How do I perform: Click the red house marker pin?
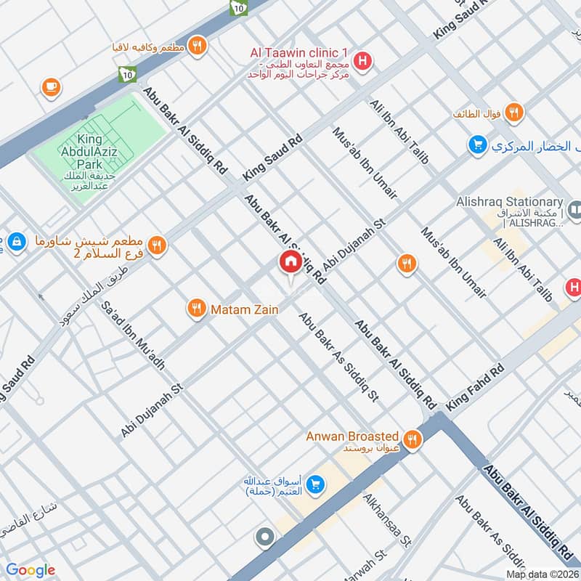290,264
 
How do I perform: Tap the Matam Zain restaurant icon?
195,309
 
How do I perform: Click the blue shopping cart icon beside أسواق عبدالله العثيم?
315,483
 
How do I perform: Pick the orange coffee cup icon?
51,87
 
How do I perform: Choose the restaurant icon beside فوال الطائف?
514,113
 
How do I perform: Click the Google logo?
31,570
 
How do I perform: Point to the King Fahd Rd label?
476,389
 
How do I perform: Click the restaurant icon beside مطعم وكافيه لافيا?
196,46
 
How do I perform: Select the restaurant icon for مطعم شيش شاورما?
157,246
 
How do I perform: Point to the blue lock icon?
15,240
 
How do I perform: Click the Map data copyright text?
542,574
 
